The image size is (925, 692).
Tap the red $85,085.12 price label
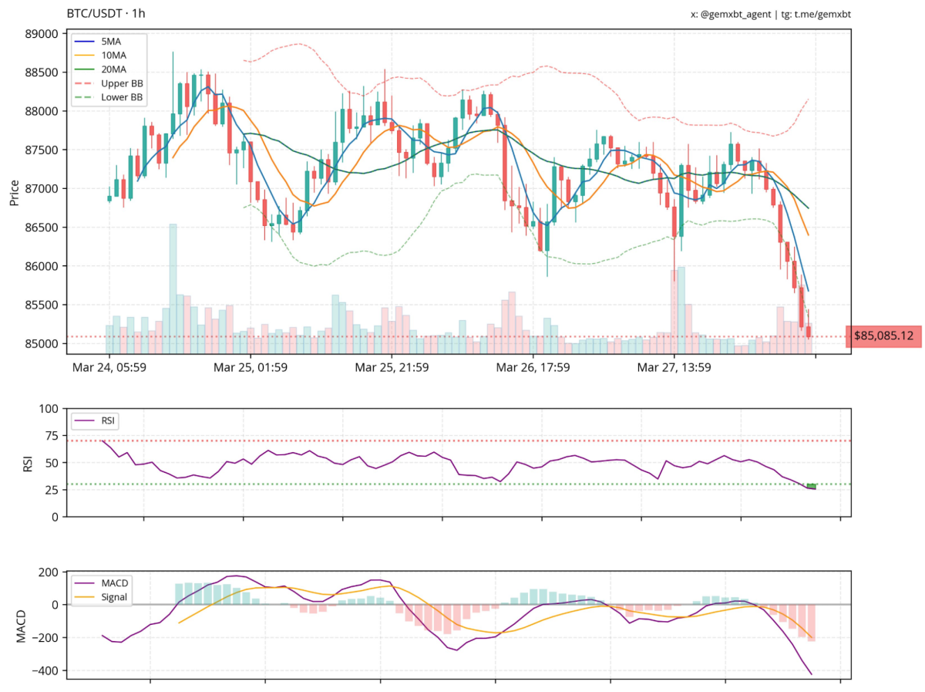pos(883,336)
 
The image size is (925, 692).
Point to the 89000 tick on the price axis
pos(42,34)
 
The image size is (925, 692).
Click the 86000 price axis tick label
pos(42,266)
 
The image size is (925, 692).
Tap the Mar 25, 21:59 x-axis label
pos(392,367)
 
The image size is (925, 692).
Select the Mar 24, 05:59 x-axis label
pos(109,367)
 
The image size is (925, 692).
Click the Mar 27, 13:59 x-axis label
pos(674,367)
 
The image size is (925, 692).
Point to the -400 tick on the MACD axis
pos(45,670)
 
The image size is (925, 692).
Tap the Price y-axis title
pos(14,193)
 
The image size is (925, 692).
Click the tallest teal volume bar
pos(173,289)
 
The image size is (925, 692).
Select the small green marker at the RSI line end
pos(812,485)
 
